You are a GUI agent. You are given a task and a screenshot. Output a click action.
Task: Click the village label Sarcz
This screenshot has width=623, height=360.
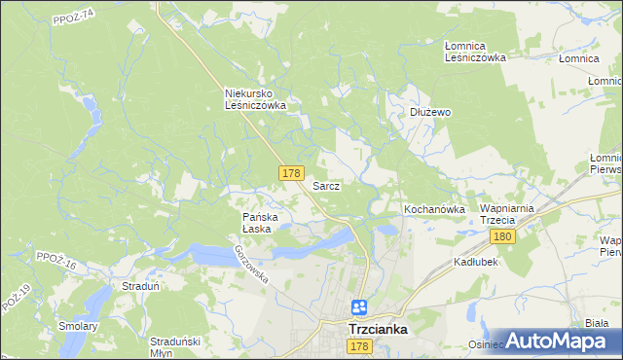coord(326,185)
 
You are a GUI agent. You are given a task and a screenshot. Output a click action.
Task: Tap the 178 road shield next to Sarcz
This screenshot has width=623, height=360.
coord(290,173)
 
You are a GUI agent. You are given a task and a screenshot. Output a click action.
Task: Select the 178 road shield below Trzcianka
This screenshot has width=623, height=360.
coord(359,346)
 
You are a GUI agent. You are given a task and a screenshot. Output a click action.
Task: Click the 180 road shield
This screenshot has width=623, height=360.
coord(502,236)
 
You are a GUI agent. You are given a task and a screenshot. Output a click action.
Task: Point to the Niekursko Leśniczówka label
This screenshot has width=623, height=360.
coord(255,99)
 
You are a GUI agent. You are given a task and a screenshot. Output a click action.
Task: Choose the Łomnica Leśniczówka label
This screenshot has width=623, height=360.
coord(476,52)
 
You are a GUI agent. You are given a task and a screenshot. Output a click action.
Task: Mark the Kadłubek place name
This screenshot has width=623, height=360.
coord(477,263)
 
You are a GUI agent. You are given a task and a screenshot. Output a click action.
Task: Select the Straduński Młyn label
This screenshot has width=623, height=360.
coord(175,346)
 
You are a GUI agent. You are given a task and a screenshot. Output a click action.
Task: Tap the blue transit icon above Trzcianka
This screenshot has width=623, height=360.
coord(359,306)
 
